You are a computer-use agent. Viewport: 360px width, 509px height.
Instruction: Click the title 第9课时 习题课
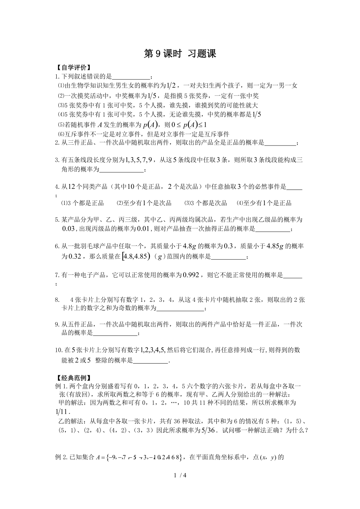click(180, 54)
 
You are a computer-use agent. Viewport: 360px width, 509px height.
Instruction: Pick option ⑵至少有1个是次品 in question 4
click(144, 203)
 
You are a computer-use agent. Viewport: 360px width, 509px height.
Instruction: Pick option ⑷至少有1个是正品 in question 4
click(264, 203)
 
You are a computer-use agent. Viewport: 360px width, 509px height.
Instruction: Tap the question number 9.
click(58, 324)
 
